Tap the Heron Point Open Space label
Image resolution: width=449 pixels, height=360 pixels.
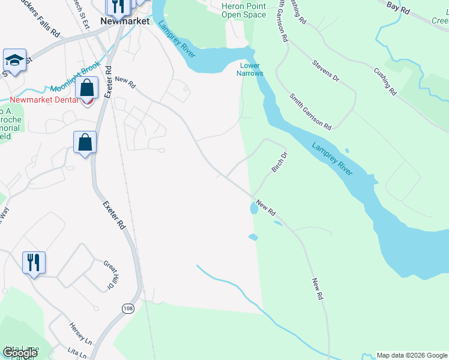click(244, 10)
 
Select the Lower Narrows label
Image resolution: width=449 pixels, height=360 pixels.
click(251, 69)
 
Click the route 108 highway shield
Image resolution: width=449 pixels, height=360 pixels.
click(128, 308)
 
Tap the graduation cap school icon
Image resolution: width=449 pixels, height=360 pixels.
click(14, 60)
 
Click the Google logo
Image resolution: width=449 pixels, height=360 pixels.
click(20, 353)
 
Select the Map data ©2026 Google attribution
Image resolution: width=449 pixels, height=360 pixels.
click(412, 355)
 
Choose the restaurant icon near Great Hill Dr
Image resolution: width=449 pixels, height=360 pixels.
click(34, 262)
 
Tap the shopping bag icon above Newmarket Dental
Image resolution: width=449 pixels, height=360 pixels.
click(87, 88)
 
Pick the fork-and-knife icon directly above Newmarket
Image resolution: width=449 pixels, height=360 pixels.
click(118, 5)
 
